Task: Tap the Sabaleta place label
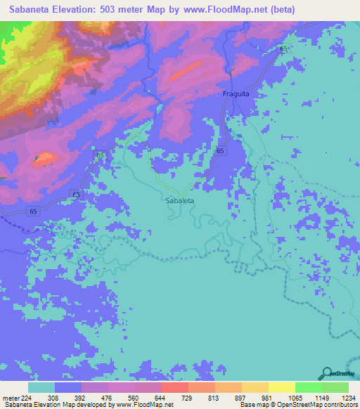pyautogui.click(x=179, y=200)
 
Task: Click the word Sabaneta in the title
pyautogui.click(x=29, y=10)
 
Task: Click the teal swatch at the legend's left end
pyautogui.click(x=41, y=387)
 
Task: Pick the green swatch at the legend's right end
pyautogui.click(x=335, y=387)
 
